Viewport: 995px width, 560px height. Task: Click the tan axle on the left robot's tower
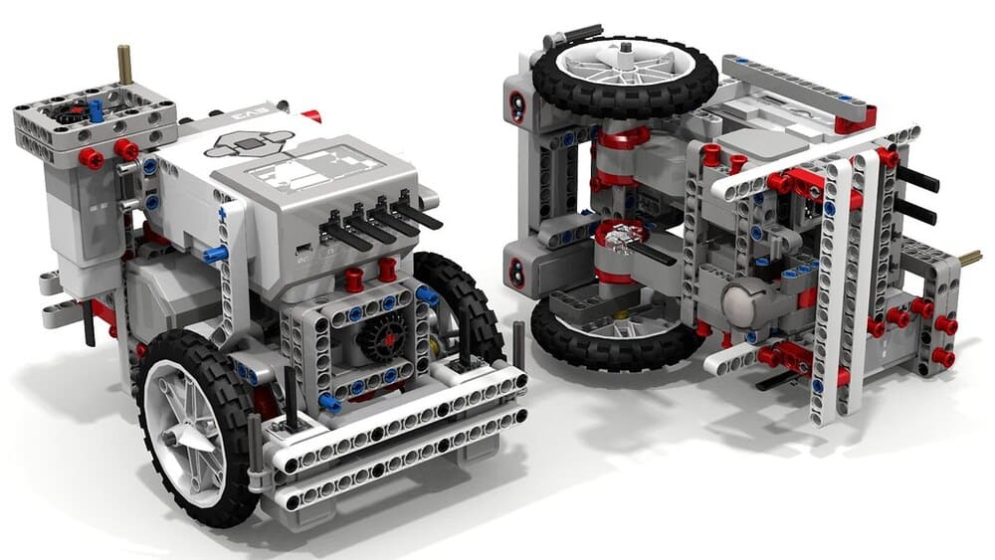click(x=125, y=64)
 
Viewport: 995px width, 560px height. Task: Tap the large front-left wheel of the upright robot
click(x=198, y=427)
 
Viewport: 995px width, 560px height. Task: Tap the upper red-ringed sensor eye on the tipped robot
click(x=517, y=105)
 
